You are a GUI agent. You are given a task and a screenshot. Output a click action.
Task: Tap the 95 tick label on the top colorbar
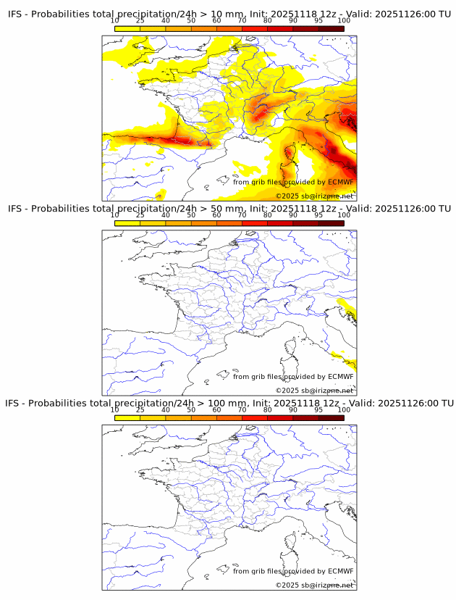pos(318,20)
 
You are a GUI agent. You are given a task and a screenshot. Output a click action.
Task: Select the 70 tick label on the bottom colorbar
pos(242,409)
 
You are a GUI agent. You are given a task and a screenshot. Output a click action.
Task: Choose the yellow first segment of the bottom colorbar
pos(127,417)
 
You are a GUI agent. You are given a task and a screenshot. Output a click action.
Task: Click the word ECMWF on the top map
pos(341,182)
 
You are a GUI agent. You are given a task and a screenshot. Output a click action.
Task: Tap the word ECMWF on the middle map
pos(341,376)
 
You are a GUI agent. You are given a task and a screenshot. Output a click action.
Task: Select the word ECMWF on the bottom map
pos(341,571)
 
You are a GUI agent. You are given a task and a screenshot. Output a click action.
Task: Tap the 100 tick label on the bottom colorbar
pos(344,409)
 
